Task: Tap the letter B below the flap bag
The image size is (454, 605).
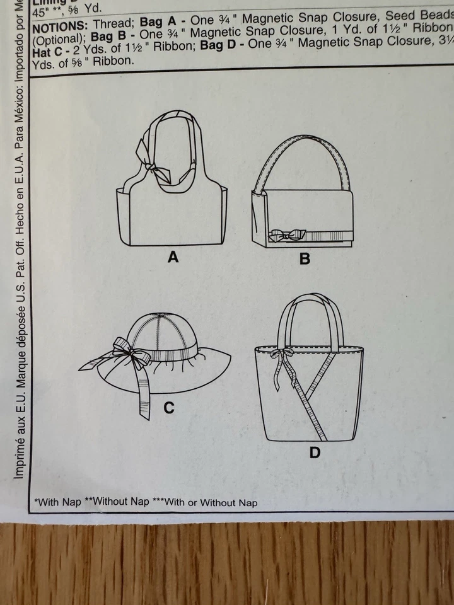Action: coord(305,258)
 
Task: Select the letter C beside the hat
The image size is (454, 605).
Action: coord(168,408)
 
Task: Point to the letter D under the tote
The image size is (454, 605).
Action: coord(315,452)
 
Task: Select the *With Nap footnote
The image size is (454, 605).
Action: coord(58,502)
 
